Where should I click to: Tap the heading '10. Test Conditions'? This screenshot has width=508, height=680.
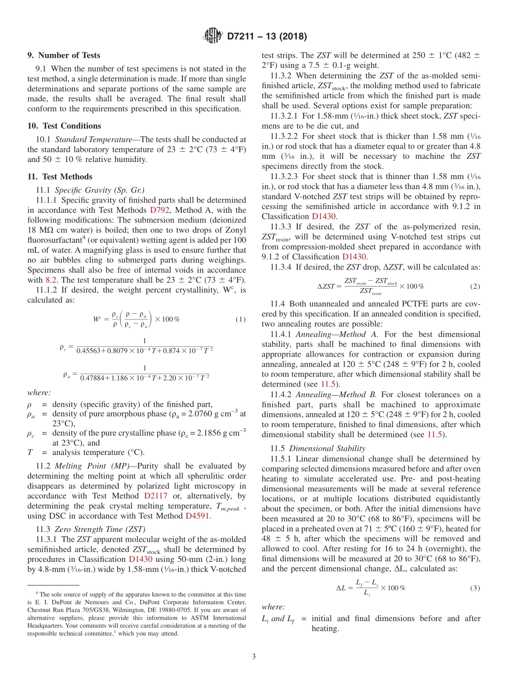point(64,126)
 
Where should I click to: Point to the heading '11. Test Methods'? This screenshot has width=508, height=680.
point(60,177)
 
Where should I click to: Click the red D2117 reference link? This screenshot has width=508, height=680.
point(156,496)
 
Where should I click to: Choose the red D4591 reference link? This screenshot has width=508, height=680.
point(198,516)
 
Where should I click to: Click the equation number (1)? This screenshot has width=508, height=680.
point(241,319)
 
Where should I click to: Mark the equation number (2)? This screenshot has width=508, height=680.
point(475,286)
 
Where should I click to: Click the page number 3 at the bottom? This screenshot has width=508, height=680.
point(254,656)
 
